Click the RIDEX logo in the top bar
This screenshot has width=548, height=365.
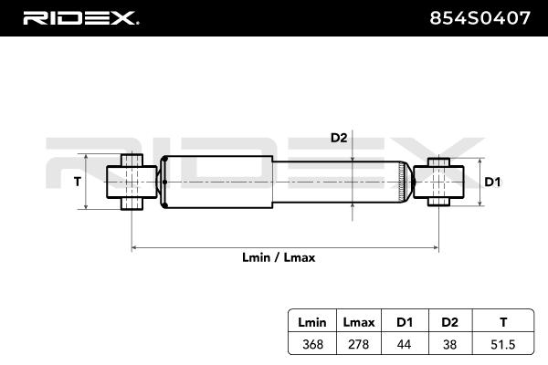click(79, 17)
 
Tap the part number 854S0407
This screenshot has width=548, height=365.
click(479, 17)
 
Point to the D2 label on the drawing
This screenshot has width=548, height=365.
click(339, 138)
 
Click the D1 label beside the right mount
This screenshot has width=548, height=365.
click(492, 182)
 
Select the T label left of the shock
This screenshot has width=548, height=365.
click(77, 182)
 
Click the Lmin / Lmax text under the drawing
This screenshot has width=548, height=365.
click(279, 258)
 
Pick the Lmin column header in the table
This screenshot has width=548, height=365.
click(312, 321)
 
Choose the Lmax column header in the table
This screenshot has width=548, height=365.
click(357, 321)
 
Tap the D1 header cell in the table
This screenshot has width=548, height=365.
click(403, 321)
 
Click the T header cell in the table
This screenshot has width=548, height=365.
click(502, 321)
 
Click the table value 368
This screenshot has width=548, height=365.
click(312, 345)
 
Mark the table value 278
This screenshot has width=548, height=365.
click(357, 345)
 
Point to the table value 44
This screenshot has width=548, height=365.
click(403, 345)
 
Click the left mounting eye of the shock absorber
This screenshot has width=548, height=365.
click(132, 182)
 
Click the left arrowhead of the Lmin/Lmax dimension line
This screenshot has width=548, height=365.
click(135, 246)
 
